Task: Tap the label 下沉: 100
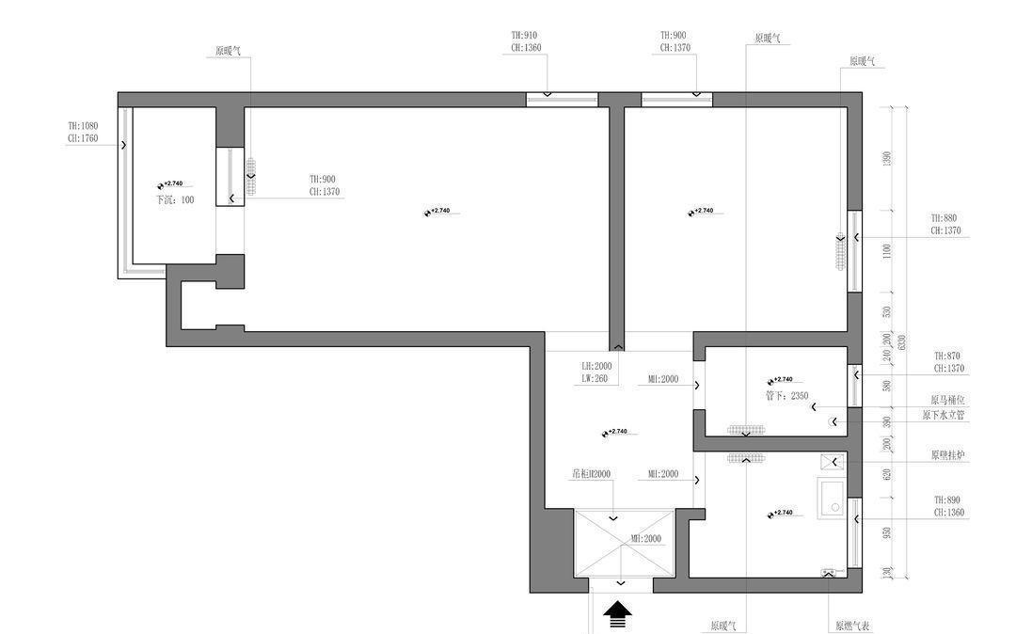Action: coord(175,200)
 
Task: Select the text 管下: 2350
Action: coord(787,396)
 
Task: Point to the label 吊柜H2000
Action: coord(592,474)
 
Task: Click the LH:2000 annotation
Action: coord(596,366)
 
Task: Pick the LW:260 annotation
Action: coord(595,379)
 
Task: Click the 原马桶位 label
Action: coord(948,400)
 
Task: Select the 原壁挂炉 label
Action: coord(948,455)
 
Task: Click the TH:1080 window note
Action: coord(83,125)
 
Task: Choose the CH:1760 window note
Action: coord(83,138)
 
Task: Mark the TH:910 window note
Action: coord(525,35)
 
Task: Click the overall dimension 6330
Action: coord(901,341)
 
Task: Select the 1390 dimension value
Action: coord(886,159)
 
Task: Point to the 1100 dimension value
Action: coord(886,251)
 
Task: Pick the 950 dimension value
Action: coord(886,533)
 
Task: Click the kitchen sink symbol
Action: coord(833,499)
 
